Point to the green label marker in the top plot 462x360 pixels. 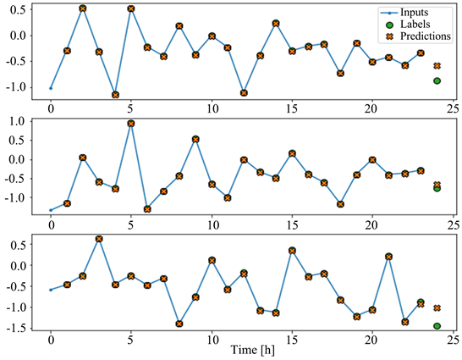click(437, 80)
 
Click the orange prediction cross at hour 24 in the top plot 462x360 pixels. click(437, 65)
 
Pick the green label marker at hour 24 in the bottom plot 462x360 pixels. click(437, 326)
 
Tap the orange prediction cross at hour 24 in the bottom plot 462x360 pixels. click(437, 308)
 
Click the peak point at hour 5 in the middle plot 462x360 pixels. click(131, 123)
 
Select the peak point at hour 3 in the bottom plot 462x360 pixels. click(99, 239)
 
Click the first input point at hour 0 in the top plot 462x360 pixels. click(51, 88)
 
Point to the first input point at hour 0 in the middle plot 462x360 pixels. click(51, 210)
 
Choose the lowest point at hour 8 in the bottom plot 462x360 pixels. click(179, 324)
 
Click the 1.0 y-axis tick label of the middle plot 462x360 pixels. click(15, 121)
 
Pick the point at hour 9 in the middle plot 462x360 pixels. click(195, 139)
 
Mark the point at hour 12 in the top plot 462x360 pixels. click(244, 93)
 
